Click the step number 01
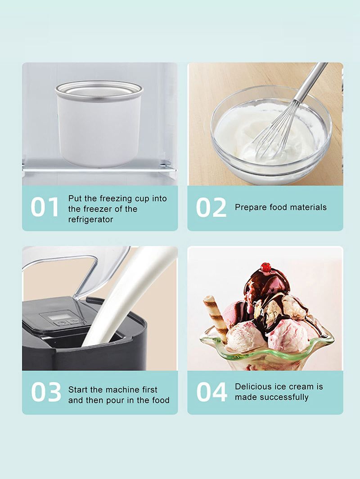click(x=45, y=207)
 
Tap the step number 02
click(x=211, y=207)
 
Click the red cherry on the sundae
click(x=266, y=267)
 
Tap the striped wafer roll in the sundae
click(x=216, y=315)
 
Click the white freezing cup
click(x=99, y=124)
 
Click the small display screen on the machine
click(x=58, y=317)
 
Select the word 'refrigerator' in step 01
click(x=90, y=219)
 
